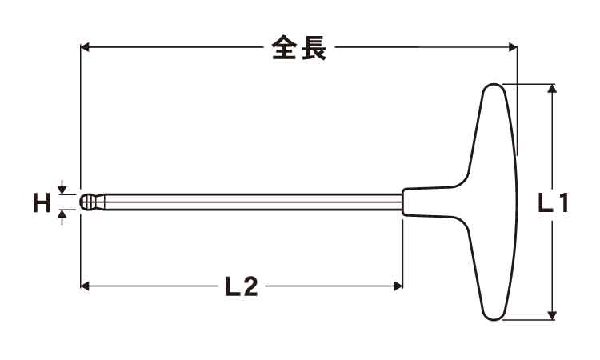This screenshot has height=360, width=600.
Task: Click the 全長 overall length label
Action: coord(299,48)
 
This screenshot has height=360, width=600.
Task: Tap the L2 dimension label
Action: coord(242,286)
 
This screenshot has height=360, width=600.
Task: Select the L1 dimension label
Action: coord(553,202)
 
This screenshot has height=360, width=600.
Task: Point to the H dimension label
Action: coord(42,202)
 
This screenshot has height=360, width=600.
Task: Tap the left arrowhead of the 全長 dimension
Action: coord(85,47)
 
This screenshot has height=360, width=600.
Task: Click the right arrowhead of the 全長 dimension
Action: coord(513,47)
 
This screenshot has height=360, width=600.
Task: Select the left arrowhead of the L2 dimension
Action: coord(85,286)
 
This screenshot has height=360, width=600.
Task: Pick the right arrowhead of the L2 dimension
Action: coord(398,286)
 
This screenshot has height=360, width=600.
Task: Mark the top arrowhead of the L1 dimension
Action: coord(552,88)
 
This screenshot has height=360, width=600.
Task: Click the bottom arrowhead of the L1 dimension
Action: coord(552,315)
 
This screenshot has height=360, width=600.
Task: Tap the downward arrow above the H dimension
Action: coord(62,186)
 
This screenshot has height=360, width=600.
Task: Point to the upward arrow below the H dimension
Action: coord(62,218)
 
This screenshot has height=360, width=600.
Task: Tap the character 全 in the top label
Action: coord(284,48)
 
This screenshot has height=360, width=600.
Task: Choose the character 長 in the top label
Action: coord(314,48)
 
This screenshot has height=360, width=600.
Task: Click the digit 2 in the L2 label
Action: coord(250,286)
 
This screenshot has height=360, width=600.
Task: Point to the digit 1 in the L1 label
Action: coord(562,202)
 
